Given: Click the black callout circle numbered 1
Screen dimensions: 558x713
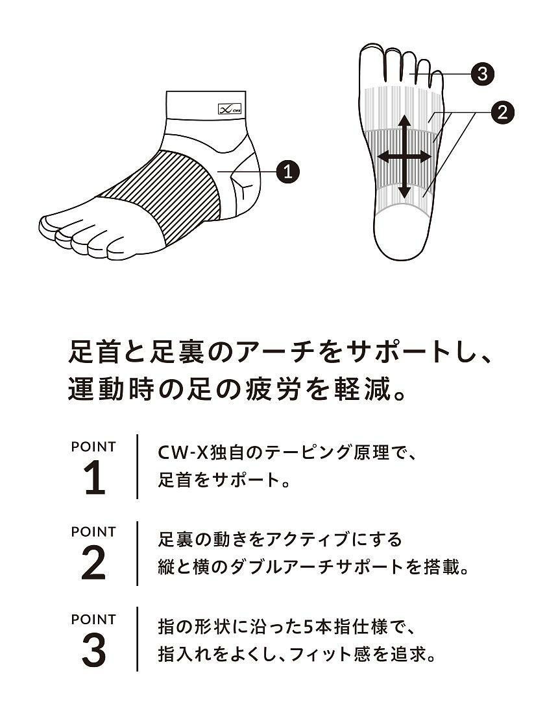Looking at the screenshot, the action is pos(287,171).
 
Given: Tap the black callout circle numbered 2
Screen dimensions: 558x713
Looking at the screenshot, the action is pos(502,112).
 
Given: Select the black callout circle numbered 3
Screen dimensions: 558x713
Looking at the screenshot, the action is pos(483,73).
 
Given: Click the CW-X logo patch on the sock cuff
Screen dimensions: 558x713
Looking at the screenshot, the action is pos(230,109).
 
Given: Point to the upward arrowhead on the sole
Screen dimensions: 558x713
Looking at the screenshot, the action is pos(405,121).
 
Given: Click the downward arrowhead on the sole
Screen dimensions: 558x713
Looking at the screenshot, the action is pos(405,193).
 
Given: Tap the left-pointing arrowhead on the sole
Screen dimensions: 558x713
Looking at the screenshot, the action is pos(384,157).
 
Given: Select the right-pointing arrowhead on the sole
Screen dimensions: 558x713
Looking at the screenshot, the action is pos(424,157).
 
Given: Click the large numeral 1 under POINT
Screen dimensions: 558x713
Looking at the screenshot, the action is pos(95,479).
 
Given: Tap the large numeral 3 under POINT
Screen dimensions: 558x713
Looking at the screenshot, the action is pos(94,651).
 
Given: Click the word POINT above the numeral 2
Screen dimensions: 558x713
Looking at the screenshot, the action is pos(94,531).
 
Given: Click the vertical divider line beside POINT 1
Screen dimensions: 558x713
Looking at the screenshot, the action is pos(137,467).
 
